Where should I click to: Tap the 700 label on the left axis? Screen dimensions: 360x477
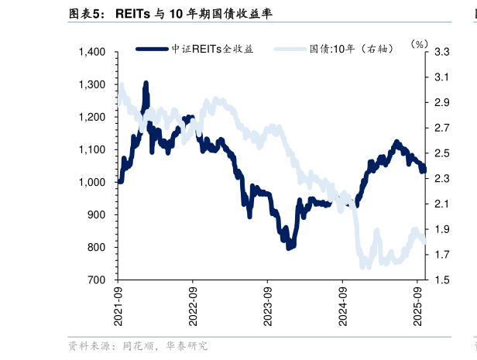(x=98, y=280)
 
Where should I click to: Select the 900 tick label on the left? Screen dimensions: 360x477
(x=98, y=215)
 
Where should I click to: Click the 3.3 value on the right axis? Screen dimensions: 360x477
(x=442, y=52)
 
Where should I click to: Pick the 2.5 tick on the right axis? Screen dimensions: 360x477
(x=442, y=153)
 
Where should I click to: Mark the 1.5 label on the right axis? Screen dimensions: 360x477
(x=442, y=280)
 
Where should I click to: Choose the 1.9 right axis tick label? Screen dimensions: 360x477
(x=442, y=229)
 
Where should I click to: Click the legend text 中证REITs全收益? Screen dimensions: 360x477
(x=212, y=48)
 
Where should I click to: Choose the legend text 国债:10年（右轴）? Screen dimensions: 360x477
(x=352, y=48)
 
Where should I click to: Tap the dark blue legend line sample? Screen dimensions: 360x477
(x=153, y=48)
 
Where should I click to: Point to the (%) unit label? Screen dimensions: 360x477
(x=419, y=44)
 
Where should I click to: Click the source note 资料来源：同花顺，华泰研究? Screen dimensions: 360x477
(x=137, y=346)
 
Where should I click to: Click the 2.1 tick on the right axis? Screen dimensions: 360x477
(x=442, y=204)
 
